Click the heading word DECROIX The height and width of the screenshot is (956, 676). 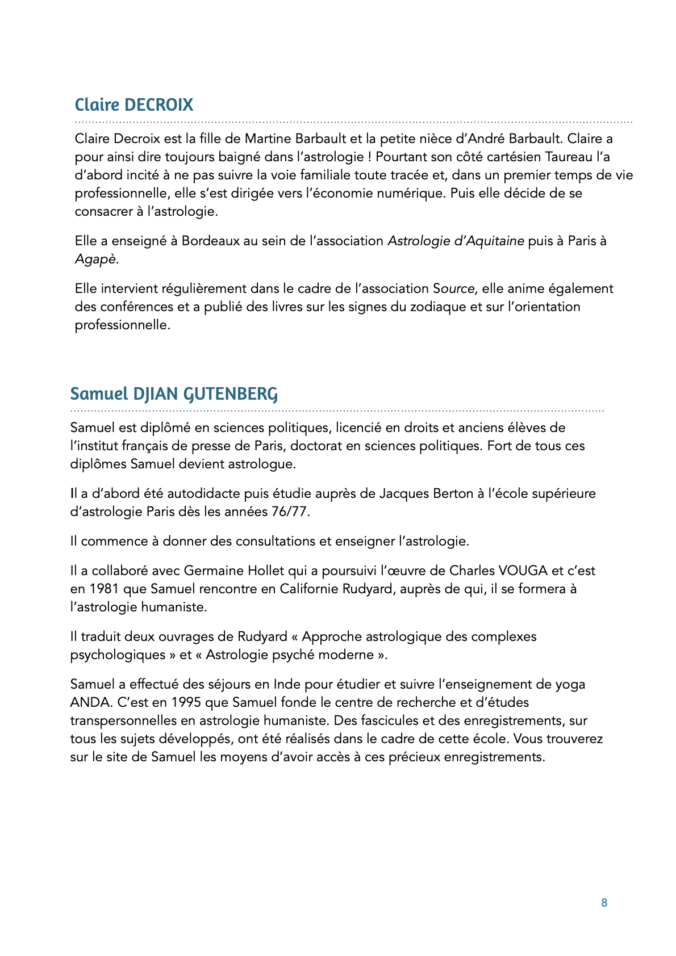tap(158, 105)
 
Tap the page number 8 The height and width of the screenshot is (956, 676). tap(604, 903)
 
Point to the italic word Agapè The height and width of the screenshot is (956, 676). tap(96, 259)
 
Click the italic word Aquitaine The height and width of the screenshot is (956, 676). tap(496, 241)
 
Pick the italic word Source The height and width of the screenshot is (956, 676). tap(454, 288)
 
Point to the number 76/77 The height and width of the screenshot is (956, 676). tap(290, 511)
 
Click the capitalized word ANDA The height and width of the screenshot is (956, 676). tap(90, 702)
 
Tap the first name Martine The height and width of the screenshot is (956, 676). tap(268, 139)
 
